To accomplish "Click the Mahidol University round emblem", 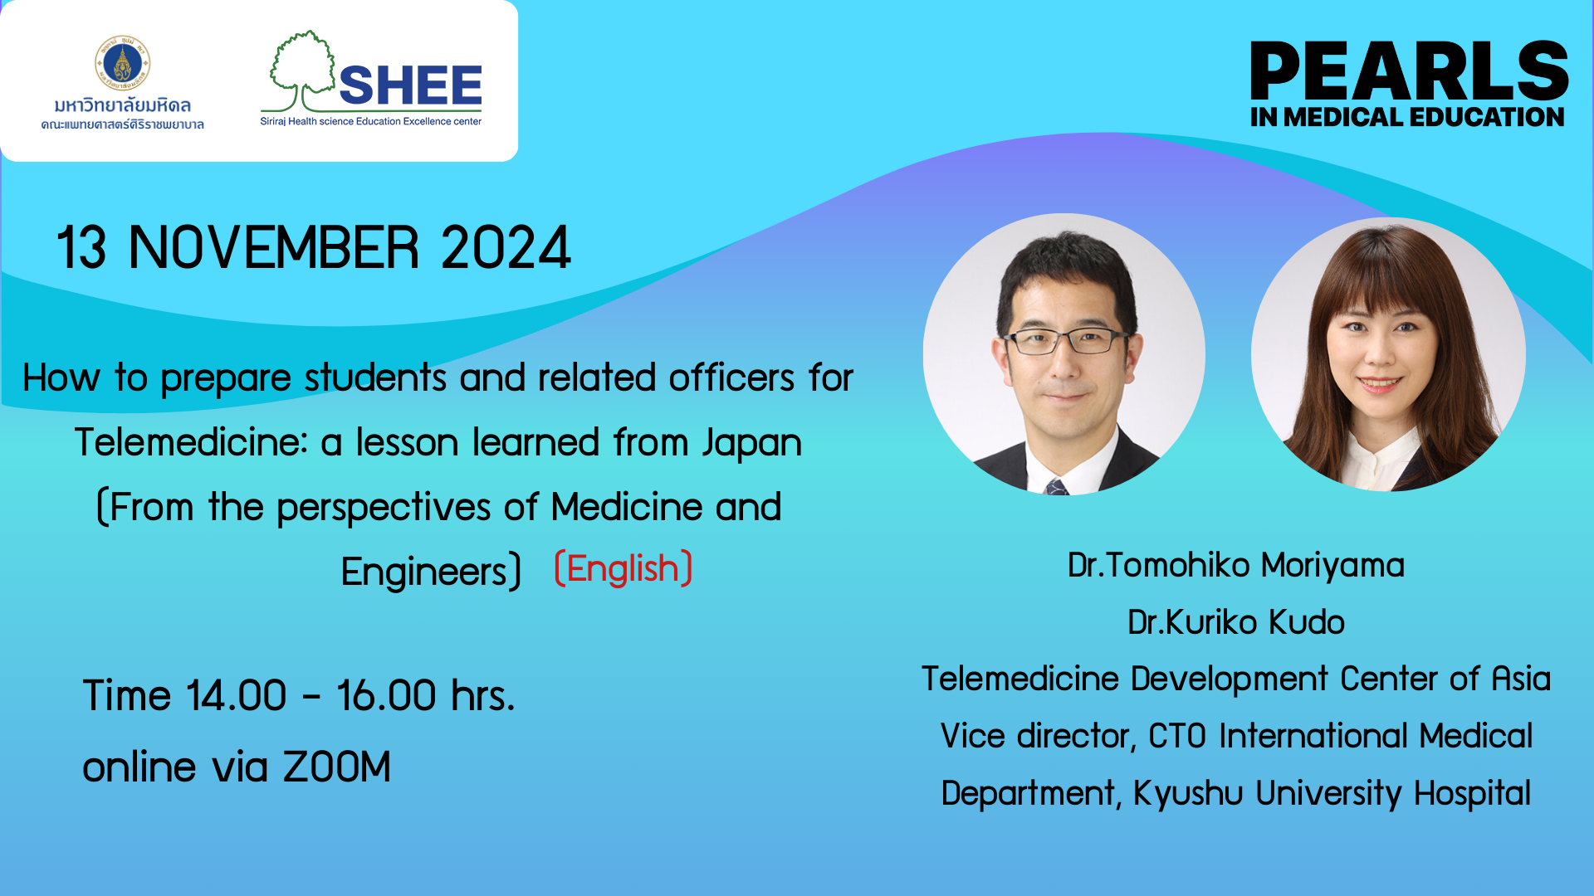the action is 123,63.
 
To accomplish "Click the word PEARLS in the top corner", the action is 1409,71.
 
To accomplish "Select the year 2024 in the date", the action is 506,247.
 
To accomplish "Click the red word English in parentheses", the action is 623,569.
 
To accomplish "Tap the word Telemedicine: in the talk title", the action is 191,442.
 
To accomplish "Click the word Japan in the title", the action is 752,444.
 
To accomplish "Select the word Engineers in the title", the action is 423,572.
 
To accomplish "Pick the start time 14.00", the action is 236,695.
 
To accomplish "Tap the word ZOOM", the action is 336,767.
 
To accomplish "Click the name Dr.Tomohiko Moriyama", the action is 1235,565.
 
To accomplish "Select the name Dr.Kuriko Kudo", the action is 1235,622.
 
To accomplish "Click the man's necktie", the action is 1057,486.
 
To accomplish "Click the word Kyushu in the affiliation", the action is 1188,793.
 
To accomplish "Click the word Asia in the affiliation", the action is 1521,679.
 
